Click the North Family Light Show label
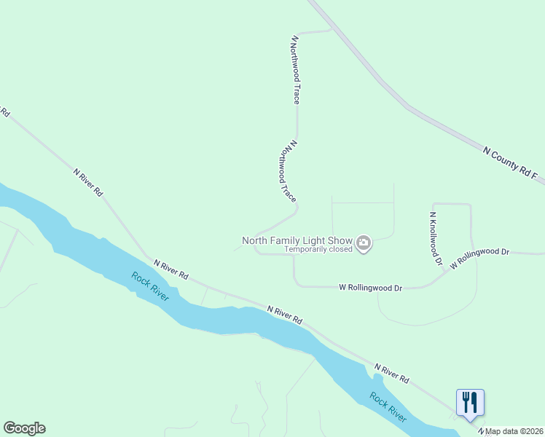(297, 240)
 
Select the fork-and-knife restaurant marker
(470, 402)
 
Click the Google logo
(24, 428)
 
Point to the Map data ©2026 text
(514, 431)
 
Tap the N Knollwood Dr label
(436, 238)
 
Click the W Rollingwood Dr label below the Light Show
(371, 288)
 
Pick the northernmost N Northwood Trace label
(295, 69)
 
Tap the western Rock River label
(149, 286)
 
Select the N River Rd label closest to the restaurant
(392, 374)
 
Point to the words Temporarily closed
(318, 249)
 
